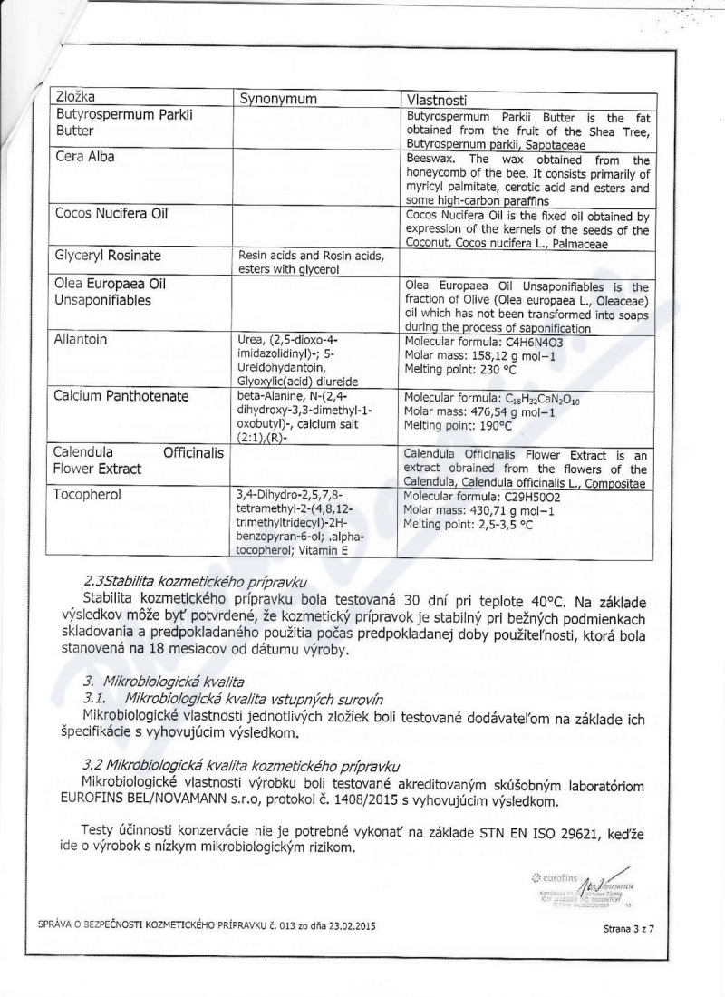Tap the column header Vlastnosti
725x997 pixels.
[441, 98]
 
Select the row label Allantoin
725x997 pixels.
[82, 339]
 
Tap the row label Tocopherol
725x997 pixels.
[89, 495]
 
